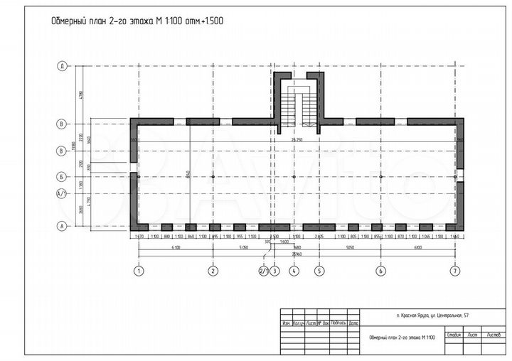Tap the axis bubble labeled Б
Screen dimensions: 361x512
click(x=63, y=176)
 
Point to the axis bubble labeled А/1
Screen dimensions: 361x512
click(x=63, y=193)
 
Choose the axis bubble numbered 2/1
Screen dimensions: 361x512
click(x=263, y=270)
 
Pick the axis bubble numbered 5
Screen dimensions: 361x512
click(x=319, y=270)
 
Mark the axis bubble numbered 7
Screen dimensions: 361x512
click(x=455, y=270)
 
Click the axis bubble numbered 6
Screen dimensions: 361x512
click(x=381, y=270)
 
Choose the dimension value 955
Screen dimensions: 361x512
click(x=240, y=236)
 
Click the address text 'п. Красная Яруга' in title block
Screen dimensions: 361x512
click(x=433, y=314)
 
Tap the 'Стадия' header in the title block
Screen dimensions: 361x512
click(x=455, y=334)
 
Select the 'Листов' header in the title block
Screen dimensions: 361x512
click(x=493, y=334)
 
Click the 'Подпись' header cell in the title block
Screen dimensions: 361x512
click(x=338, y=322)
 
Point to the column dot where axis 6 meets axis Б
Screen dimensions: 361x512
click(x=381, y=176)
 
